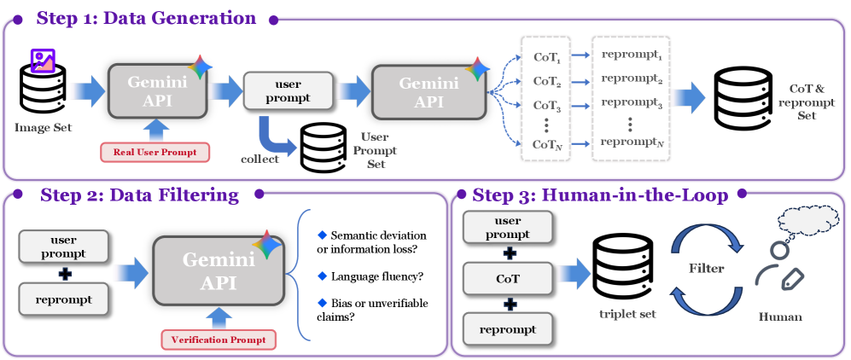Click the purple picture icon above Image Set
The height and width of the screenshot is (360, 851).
43,60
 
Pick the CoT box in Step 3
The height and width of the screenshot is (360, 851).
508,278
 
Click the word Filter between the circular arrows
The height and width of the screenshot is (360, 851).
707,268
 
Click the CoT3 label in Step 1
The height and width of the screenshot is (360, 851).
545,105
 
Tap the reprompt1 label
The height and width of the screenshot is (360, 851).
632,55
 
